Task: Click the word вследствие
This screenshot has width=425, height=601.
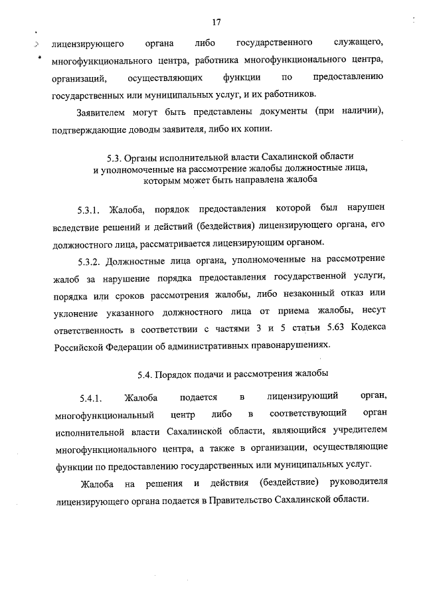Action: pyautogui.click(x=76, y=225)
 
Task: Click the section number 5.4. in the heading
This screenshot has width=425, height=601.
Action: pyautogui.click(x=149, y=375)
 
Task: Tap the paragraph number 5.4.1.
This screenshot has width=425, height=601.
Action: pyautogui.click(x=90, y=399)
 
